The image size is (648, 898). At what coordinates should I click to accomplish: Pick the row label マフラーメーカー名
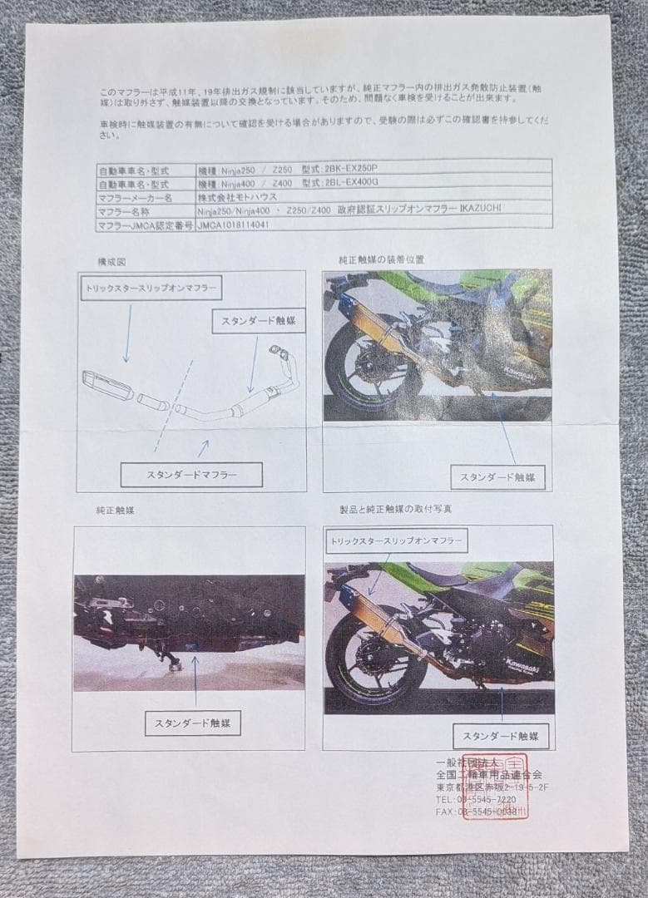(x=135, y=198)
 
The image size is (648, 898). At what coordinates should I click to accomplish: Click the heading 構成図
(x=111, y=261)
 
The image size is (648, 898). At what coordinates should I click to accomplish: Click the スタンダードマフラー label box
(x=191, y=475)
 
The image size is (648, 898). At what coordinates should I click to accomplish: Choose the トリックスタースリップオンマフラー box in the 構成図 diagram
(x=151, y=288)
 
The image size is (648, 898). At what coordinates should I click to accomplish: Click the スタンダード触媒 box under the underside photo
(x=193, y=723)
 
